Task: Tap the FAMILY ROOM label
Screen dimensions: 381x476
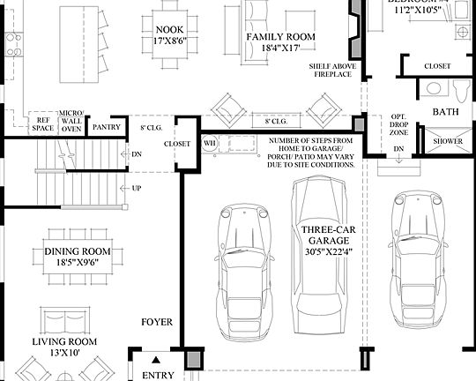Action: tap(280, 36)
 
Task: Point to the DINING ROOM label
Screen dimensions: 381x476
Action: tap(78, 251)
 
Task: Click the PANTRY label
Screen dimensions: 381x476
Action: tap(106, 125)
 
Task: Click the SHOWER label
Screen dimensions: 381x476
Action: tap(443, 141)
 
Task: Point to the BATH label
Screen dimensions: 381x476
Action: tap(446, 112)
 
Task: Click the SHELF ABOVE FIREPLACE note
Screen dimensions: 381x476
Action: tap(331, 70)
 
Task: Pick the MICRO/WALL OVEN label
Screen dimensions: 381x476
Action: tap(71, 122)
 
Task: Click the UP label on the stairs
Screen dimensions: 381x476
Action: tap(136, 188)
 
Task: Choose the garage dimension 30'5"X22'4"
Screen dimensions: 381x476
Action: tap(327, 250)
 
